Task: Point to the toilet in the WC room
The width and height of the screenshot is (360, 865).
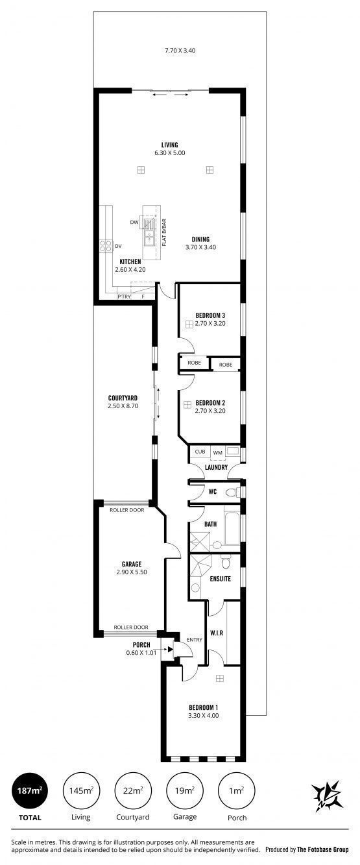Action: [x=232, y=493]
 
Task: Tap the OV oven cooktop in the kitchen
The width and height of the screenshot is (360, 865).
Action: [x=106, y=246]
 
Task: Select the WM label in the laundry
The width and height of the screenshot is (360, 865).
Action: [x=217, y=453]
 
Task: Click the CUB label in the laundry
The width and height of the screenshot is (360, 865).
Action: [x=200, y=451]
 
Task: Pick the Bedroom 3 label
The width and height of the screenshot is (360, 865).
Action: [x=210, y=315]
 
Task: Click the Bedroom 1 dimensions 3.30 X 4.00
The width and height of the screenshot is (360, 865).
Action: [x=203, y=715]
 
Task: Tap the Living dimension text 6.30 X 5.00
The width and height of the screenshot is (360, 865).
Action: [x=170, y=153]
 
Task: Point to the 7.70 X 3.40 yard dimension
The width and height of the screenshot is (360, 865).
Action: [x=180, y=50]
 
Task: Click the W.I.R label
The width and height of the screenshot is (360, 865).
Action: [x=217, y=633]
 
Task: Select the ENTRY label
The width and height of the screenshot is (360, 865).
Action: [x=195, y=639]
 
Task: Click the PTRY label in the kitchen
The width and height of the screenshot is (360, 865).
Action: [x=125, y=297]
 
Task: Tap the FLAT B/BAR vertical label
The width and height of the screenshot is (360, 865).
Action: [x=164, y=232]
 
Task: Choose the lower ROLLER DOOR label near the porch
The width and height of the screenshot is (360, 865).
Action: [x=131, y=627]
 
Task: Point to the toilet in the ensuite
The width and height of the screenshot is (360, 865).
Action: [x=226, y=563]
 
